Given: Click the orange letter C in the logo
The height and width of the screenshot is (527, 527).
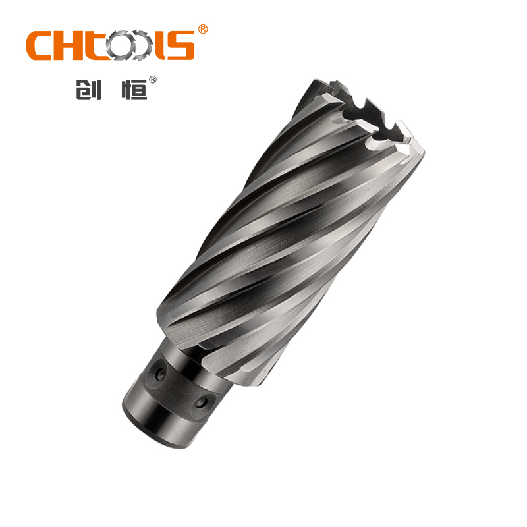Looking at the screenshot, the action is pyautogui.click(x=38, y=45).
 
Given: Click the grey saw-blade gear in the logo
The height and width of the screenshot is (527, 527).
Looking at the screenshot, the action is pyautogui.click(x=122, y=45).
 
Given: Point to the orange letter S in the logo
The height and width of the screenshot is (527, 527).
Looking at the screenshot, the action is pyautogui.click(x=181, y=45).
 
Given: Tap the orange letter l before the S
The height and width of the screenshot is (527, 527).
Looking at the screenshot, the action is pyautogui.click(x=160, y=45).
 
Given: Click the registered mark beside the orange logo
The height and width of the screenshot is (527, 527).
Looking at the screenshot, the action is pyautogui.click(x=203, y=29).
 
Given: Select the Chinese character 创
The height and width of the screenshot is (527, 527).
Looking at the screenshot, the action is pyautogui.click(x=88, y=90).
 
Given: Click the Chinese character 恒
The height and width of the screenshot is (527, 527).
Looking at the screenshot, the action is pyautogui.click(x=134, y=90).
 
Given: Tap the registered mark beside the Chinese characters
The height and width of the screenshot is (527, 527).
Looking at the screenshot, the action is pyautogui.click(x=153, y=80).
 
